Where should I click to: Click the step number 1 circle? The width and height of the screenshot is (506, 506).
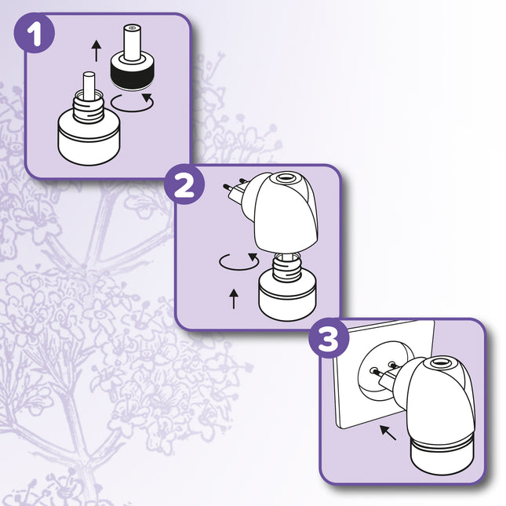(x=33, y=35)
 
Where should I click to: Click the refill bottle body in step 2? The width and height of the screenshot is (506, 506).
(x=286, y=302)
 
